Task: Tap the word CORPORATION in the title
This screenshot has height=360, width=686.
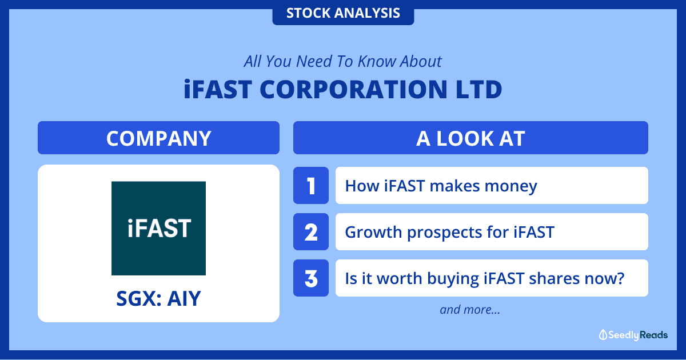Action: tap(354, 89)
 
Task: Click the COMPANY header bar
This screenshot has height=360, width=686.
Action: tap(159, 138)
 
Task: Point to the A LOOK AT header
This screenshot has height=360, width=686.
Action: tap(470, 138)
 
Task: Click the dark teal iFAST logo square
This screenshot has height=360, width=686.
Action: tap(159, 229)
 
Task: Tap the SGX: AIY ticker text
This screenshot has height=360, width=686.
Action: tap(159, 299)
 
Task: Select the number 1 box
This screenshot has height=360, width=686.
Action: tap(311, 186)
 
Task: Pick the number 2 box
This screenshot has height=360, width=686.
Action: tap(311, 232)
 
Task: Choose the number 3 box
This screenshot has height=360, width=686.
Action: tap(311, 278)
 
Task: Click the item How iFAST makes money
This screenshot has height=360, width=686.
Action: tap(492, 186)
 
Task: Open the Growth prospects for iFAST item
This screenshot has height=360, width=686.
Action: tap(492, 232)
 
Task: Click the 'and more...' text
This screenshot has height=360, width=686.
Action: tap(470, 310)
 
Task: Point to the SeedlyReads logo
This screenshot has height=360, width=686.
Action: tap(633, 335)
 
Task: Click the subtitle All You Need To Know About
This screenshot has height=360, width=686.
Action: tap(343, 61)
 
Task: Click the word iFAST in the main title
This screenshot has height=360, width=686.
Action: tap(218, 89)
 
